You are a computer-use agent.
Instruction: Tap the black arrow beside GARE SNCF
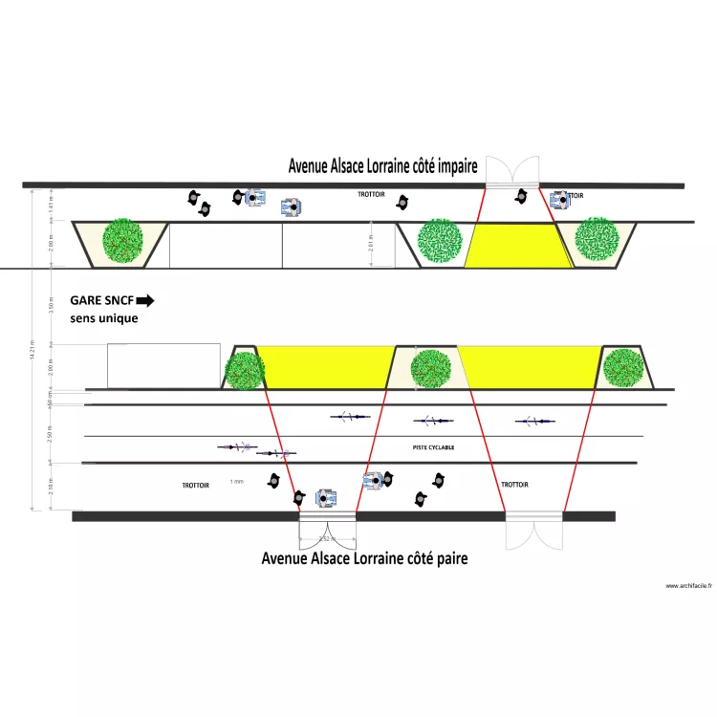click(x=144, y=300)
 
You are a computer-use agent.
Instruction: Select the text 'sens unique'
click(x=103, y=318)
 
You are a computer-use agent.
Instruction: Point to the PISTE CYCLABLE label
click(x=433, y=447)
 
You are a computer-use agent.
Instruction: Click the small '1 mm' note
click(x=237, y=482)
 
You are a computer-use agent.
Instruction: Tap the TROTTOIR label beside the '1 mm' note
click(x=196, y=486)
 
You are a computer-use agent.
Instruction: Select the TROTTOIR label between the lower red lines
click(x=514, y=485)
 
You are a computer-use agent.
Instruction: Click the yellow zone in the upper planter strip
click(x=516, y=246)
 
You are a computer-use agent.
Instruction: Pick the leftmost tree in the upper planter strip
click(x=122, y=241)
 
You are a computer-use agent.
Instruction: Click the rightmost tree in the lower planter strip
click(x=622, y=368)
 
